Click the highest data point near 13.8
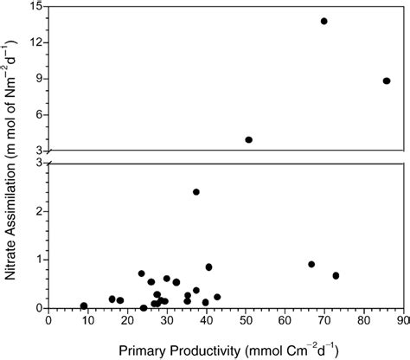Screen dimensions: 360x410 (x=324, y=21)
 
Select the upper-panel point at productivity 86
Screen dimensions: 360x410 (x=387, y=80)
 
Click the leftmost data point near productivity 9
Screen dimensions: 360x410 (x=84, y=305)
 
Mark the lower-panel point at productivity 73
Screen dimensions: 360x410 (x=336, y=275)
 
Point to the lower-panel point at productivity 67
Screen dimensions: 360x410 (x=311, y=264)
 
